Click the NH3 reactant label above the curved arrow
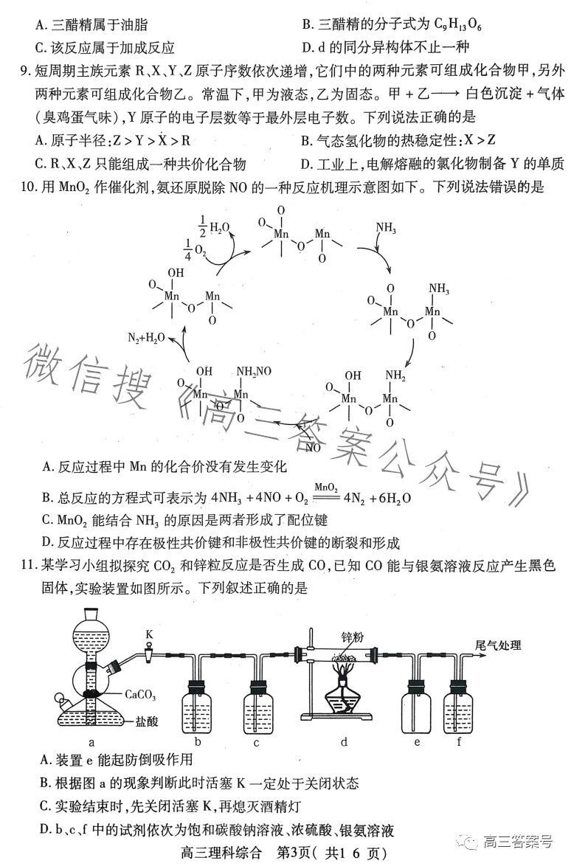(386, 228)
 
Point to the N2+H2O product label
(146, 338)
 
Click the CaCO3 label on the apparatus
(140, 694)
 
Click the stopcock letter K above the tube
(148, 633)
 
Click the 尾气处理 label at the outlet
(497, 645)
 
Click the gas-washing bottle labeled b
(196, 707)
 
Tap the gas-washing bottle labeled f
(457, 707)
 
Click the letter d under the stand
(344, 742)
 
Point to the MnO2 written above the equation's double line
(326, 487)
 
